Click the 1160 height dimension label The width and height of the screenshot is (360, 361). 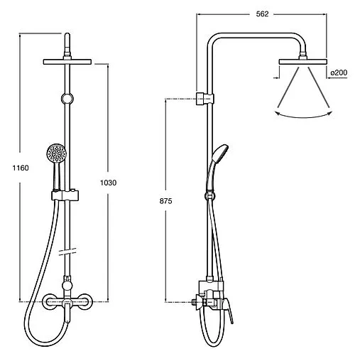tap(21, 168)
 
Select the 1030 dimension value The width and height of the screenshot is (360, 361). tap(108, 183)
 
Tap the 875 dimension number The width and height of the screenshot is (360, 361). tap(165, 201)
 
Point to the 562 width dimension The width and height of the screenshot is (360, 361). tap(262, 14)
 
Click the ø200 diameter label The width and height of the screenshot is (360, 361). tap(339, 72)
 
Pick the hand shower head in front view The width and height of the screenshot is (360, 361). tap(56, 153)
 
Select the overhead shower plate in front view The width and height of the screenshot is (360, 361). tap(67, 62)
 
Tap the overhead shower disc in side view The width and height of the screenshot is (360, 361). tap(302, 62)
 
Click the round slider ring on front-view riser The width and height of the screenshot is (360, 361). tap(67, 99)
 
